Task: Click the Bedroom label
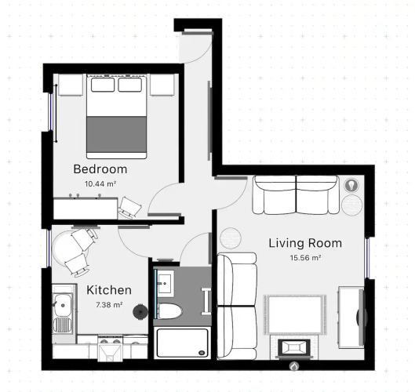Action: coord(100,169)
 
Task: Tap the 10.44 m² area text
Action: coord(100,183)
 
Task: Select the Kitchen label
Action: coord(109,290)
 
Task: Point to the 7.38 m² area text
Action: coord(109,305)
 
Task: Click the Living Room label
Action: coord(305,243)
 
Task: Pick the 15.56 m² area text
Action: coord(306,258)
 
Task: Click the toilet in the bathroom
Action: coord(170,310)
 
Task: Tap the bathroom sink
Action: coord(166,283)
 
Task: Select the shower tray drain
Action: coord(202,353)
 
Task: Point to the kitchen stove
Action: coord(110,348)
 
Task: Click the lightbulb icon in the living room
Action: coord(351,185)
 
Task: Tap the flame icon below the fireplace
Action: coord(293,366)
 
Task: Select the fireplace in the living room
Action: coord(293,347)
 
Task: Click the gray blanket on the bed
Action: coord(116,134)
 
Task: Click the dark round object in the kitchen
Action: coord(140,311)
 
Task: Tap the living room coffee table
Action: coord(294,314)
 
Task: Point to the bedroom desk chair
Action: coord(129,208)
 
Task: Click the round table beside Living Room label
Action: coord(231,238)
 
